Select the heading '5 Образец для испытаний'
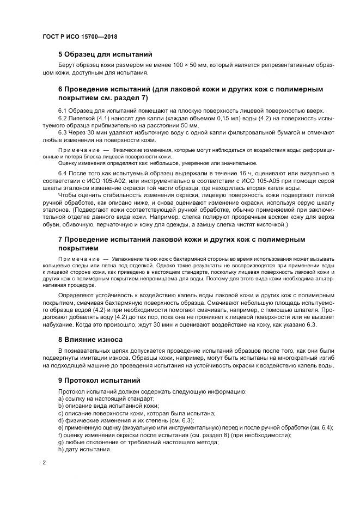point(105,54)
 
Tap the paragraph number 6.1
point(63,111)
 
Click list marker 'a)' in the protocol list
point(61,399)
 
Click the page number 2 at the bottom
point(44,463)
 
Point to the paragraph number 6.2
point(63,118)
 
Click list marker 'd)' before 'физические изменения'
point(61,420)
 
